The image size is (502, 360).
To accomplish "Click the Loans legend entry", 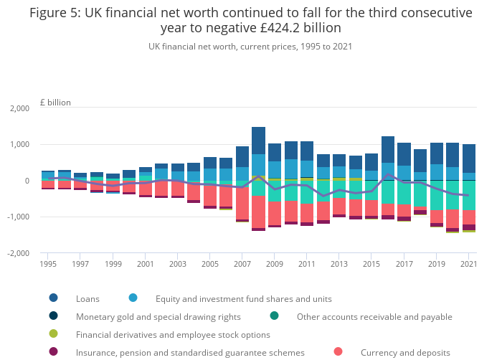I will tap(87, 298).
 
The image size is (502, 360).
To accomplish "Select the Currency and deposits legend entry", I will tap(404, 352).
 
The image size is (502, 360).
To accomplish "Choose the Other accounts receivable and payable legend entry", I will tap(374, 316).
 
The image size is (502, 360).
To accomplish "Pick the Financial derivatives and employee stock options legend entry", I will tap(172, 334).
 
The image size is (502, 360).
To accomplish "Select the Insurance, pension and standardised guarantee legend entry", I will tap(189, 352).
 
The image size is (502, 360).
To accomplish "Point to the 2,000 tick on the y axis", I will tap(19, 109).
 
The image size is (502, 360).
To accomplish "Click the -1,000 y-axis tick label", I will tap(18, 217).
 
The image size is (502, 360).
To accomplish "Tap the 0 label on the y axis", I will tap(26, 181).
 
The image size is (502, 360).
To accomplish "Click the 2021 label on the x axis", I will tap(468, 265).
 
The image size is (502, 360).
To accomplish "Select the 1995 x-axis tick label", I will tap(48, 265).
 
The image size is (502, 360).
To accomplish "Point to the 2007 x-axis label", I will tap(242, 265).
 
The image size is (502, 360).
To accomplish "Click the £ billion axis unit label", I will tap(55, 103).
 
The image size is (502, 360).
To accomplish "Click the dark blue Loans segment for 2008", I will tap(259, 141).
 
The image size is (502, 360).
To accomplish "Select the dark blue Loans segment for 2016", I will tap(388, 149).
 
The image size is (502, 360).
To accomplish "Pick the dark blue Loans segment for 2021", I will tap(468, 158).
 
